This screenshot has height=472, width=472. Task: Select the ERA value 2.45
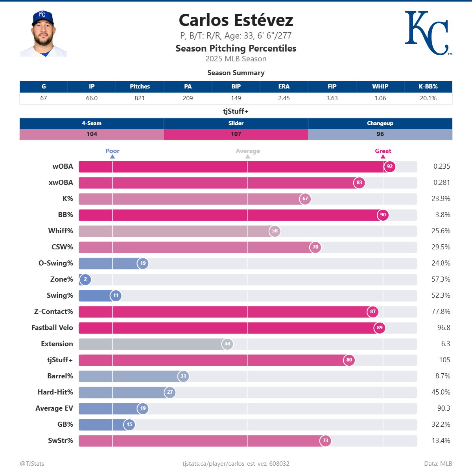(284, 98)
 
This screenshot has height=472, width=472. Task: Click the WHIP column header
(380, 87)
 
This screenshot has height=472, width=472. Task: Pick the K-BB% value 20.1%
(428, 98)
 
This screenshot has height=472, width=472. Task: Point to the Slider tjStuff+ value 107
(236, 134)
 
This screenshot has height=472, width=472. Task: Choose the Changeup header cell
(380, 123)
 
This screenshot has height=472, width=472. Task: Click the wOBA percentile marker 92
(389, 166)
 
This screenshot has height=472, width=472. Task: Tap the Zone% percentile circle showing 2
(85, 279)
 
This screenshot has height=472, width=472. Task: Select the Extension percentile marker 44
(227, 344)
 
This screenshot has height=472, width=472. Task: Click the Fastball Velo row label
(52, 328)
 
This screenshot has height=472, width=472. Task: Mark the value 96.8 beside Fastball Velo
(443, 328)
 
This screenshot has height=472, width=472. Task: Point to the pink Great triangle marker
(383, 157)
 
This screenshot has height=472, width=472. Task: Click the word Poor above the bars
(112, 151)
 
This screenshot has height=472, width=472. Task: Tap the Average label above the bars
(248, 151)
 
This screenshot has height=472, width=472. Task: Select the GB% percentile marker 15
(129, 424)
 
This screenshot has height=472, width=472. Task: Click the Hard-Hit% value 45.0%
(441, 392)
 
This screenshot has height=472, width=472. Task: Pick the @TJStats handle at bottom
(32, 464)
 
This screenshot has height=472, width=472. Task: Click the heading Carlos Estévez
(236, 20)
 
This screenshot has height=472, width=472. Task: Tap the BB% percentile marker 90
(383, 215)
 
